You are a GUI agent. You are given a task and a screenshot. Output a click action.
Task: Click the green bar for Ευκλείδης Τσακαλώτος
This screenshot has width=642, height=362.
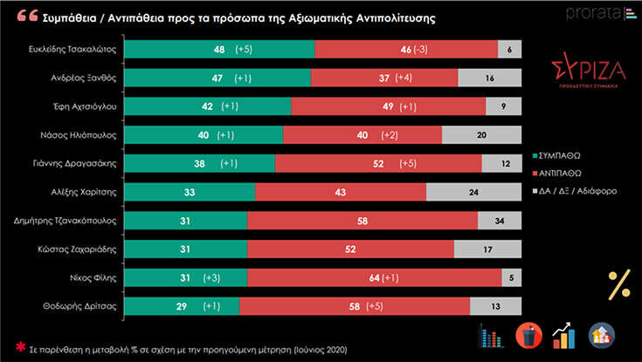point(218,51)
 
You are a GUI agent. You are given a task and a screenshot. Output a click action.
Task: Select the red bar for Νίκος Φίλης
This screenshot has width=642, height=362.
point(376,278)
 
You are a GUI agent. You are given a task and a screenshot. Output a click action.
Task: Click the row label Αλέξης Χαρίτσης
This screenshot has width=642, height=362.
point(90,192)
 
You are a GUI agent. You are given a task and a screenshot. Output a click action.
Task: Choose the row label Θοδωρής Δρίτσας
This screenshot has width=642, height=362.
point(88,306)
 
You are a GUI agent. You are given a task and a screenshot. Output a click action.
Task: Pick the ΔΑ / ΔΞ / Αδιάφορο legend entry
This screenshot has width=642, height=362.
point(572,190)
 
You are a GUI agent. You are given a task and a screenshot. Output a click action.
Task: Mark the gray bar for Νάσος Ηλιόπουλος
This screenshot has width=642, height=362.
point(482,135)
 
